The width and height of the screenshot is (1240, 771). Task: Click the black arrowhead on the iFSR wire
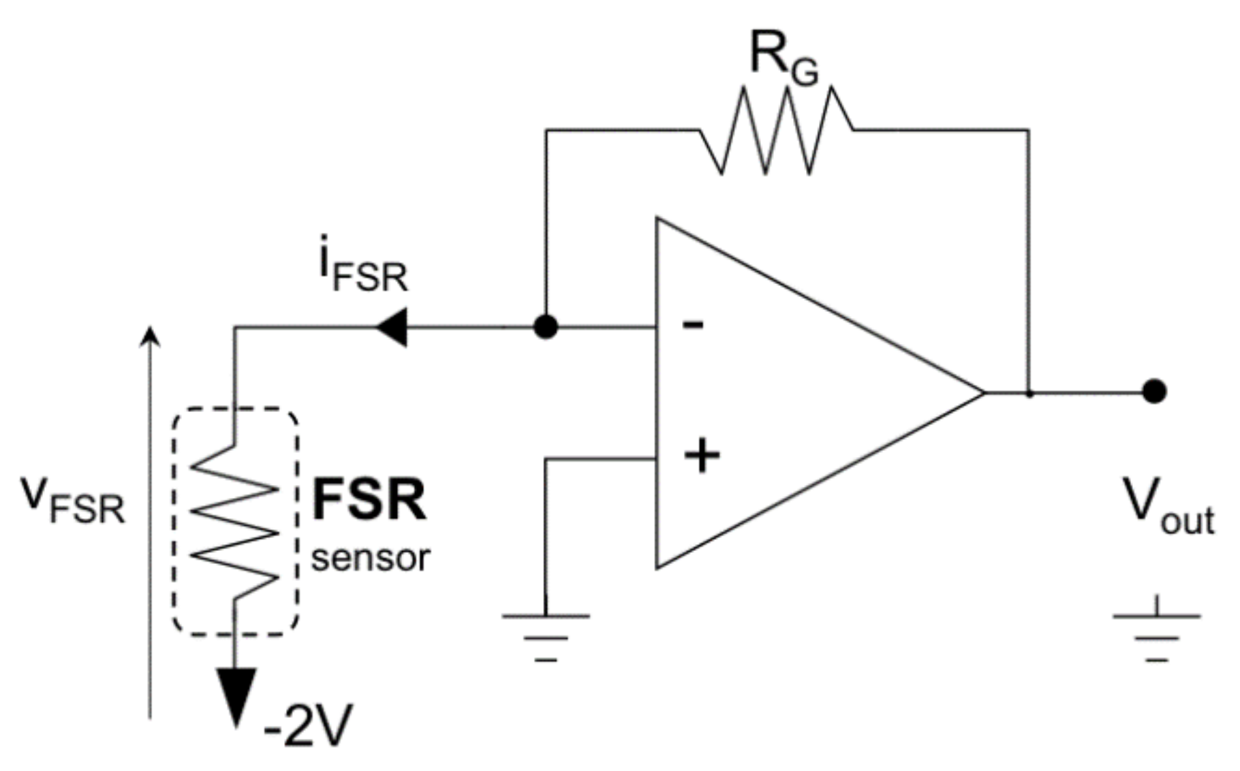(x=392, y=328)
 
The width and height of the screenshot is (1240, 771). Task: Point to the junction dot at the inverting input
(x=545, y=328)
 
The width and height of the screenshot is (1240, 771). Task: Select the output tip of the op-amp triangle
(x=982, y=392)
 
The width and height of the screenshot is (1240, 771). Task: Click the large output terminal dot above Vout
(x=1154, y=392)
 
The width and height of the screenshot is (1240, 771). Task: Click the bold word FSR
(x=369, y=501)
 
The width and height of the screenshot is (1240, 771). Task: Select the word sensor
(x=370, y=558)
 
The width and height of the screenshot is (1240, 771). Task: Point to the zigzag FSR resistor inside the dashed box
(x=235, y=521)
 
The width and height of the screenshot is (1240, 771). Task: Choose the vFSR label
(x=73, y=501)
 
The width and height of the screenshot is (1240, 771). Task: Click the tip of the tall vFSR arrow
(x=151, y=330)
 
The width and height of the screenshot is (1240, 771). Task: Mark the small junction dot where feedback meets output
(x=1029, y=394)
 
